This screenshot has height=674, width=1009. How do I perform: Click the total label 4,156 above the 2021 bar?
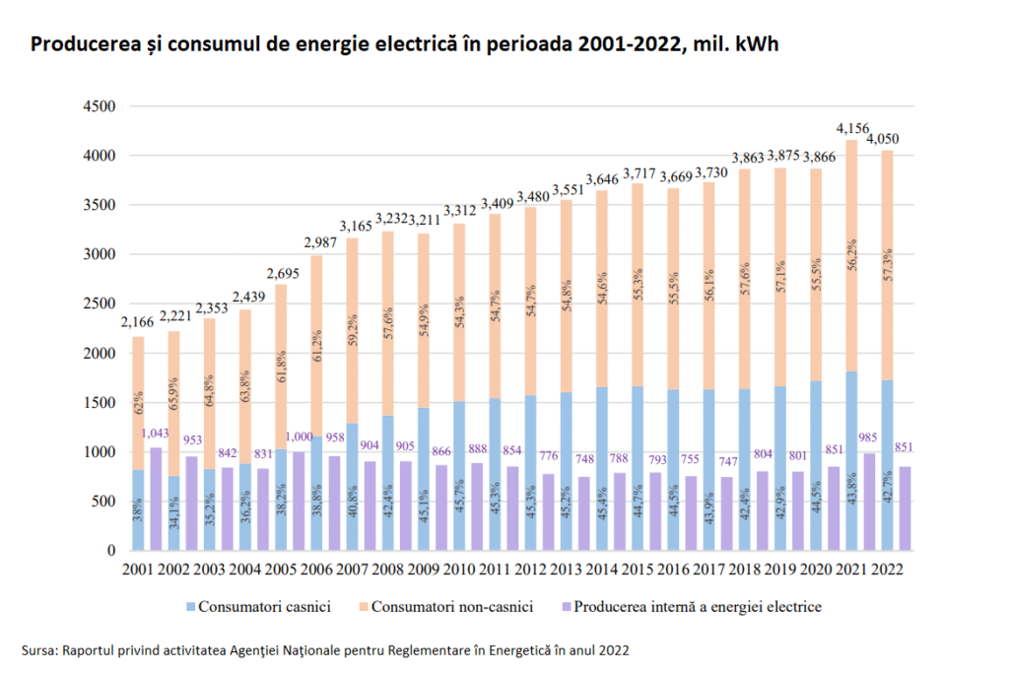852,128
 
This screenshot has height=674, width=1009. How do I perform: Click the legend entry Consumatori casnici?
255,607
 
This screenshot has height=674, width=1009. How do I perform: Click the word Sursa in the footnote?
39,650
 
